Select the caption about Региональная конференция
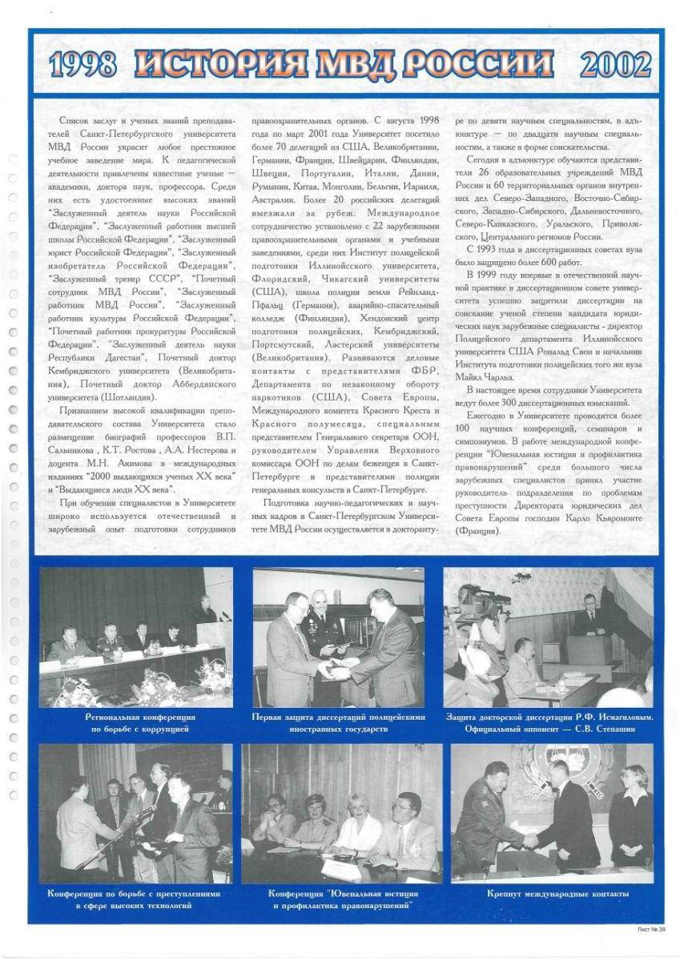tap(139, 723)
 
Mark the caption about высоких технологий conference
tap(134, 899)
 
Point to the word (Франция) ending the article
tap(478, 530)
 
